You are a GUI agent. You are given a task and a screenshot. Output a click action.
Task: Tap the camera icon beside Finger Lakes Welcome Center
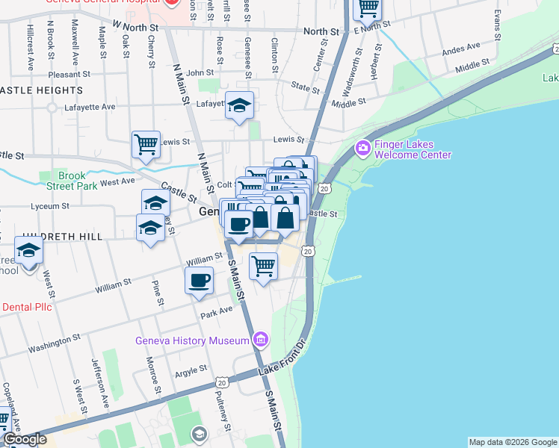tap(363, 149)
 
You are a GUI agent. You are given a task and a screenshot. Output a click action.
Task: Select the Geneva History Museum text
tap(192, 341)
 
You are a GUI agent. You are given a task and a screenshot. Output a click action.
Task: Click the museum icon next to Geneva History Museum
tap(260, 341)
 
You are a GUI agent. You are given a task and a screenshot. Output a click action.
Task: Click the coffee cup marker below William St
tap(199, 281)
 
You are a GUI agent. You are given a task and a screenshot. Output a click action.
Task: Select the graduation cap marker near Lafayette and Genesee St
tap(240, 107)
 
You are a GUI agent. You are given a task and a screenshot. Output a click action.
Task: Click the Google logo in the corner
tap(25, 440)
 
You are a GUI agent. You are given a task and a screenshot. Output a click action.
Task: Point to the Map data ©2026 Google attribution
tap(513, 442)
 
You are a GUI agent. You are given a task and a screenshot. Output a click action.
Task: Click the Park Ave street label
tap(217, 311)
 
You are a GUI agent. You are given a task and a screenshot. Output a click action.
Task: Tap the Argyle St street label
tap(191, 370)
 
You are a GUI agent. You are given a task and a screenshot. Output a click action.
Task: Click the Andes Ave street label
tap(461, 51)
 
